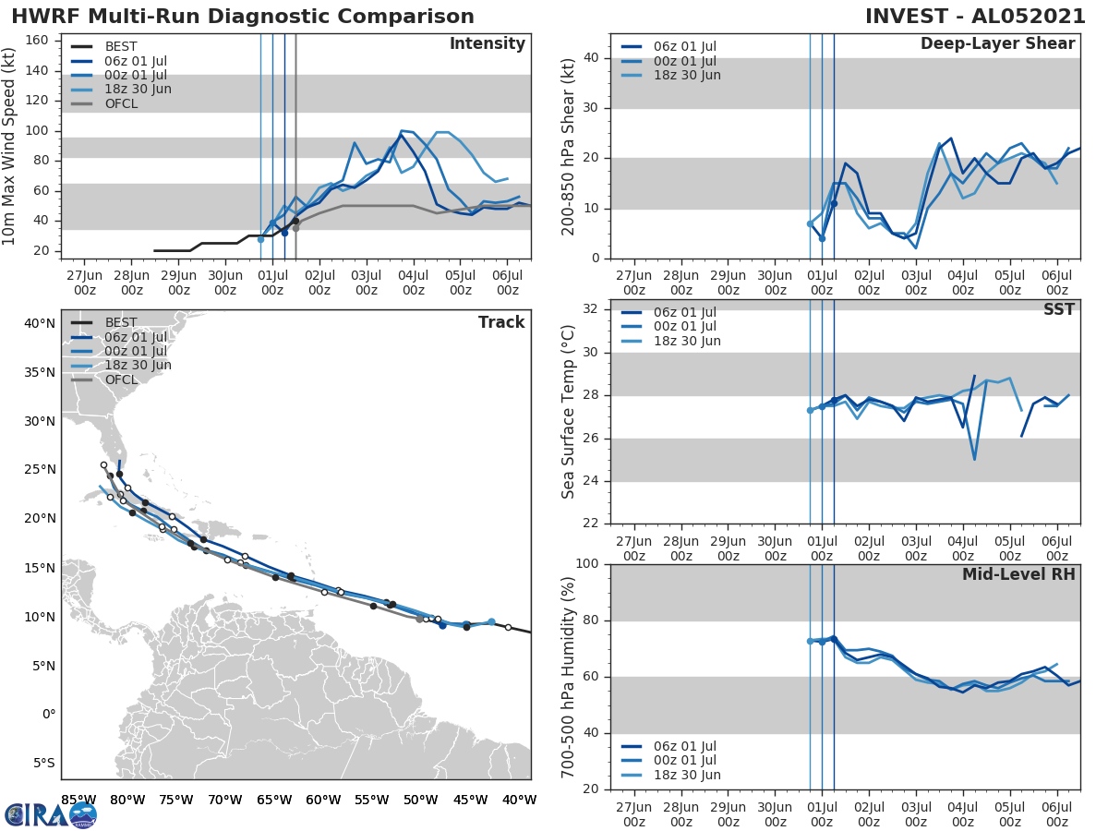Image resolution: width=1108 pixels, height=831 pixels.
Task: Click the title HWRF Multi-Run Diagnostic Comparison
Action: [243, 17]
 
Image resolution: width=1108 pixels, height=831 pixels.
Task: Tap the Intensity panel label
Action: [487, 44]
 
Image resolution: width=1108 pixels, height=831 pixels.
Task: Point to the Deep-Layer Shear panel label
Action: [997, 44]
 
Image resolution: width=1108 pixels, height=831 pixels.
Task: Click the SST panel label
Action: [1058, 309]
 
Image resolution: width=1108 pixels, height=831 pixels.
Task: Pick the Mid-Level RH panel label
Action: [1018, 575]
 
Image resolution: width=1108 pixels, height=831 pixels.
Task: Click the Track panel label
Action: [501, 322]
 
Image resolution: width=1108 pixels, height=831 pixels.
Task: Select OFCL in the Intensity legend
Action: [121, 103]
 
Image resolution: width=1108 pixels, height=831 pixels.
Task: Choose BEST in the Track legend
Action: [121, 323]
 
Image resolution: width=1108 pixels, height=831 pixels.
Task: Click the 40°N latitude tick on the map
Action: [40, 323]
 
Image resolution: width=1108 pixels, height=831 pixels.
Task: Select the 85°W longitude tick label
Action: [78, 800]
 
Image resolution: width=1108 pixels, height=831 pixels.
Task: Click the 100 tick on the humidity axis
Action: [589, 564]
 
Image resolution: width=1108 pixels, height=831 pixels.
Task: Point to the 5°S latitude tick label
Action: [43, 763]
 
